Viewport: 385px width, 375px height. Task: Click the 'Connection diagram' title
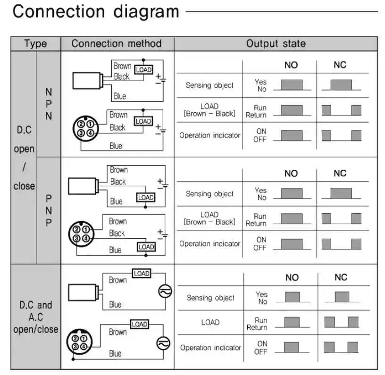click(96, 12)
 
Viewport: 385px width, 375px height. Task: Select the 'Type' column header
click(36, 44)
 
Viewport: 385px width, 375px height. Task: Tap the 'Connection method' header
click(117, 44)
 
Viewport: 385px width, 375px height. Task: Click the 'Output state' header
click(276, 44)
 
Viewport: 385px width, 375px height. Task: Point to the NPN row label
click(49, 103)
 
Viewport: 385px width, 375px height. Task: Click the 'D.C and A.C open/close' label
click(36, 317)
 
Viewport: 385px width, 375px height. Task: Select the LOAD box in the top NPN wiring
click(143, 69)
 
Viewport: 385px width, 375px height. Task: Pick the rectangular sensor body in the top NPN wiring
click(88, 81)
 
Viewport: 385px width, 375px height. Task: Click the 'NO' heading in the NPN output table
click(291, 65)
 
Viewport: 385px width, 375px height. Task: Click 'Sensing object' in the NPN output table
click(209, 85)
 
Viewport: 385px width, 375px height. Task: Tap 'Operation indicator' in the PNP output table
click(209, 244)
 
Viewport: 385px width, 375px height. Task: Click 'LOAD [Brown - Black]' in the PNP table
click(209, 218)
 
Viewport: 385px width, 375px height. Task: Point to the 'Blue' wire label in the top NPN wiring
click(120, 96)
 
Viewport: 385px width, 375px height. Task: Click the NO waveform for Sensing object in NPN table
click(292, 85)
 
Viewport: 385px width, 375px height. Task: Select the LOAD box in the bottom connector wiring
click(140, 324)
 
